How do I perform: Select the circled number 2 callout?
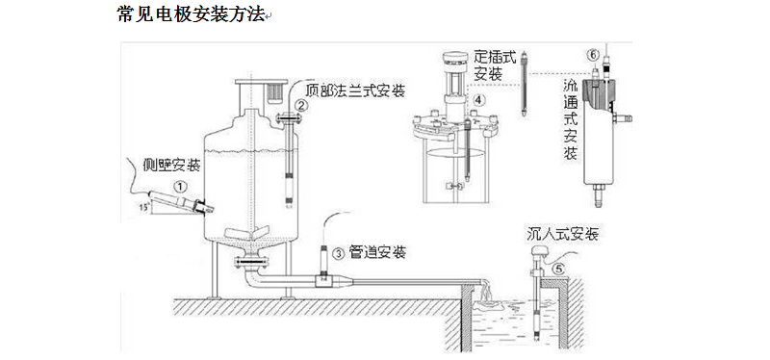click(301, 107)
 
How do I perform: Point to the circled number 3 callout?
click(338, 253)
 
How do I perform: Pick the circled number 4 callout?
click(478, 98)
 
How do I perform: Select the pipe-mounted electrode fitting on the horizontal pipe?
click(324, 278)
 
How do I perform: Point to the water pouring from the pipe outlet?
click(490, 293)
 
